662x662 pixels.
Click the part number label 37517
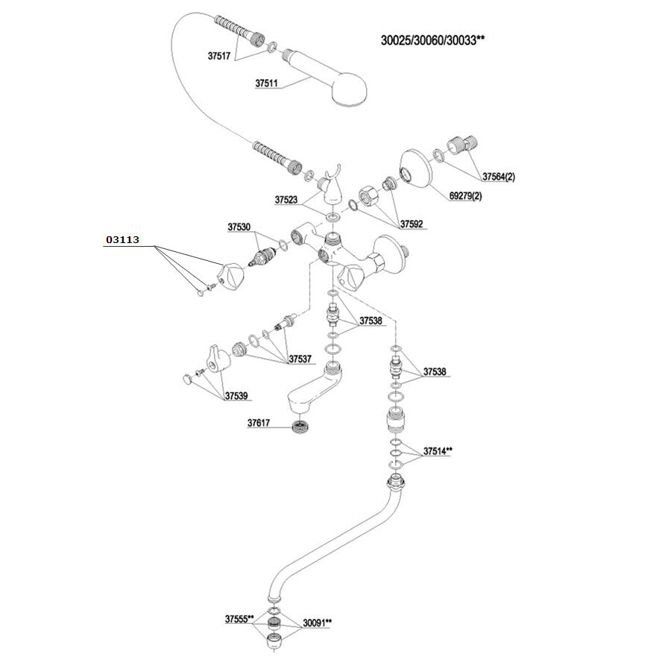(218, 56)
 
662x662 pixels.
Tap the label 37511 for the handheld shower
(266, 83)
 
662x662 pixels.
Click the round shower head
(350, 89)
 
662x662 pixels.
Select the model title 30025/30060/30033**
(432, 40)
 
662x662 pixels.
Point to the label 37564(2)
(499, 177)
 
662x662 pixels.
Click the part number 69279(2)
(466, 196)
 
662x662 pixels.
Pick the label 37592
(412, 224)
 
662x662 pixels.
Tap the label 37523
(286, 200)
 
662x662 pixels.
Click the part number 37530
(239, 227)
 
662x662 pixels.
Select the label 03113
(122, 240)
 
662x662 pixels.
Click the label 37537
(300, 359)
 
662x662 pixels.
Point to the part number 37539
(236, 396)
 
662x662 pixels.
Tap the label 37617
(259, 423)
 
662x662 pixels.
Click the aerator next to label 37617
(300, 426)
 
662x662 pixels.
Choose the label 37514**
(438, 451)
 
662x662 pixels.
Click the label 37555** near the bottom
(239, 620)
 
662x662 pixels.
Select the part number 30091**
(317, 622)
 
